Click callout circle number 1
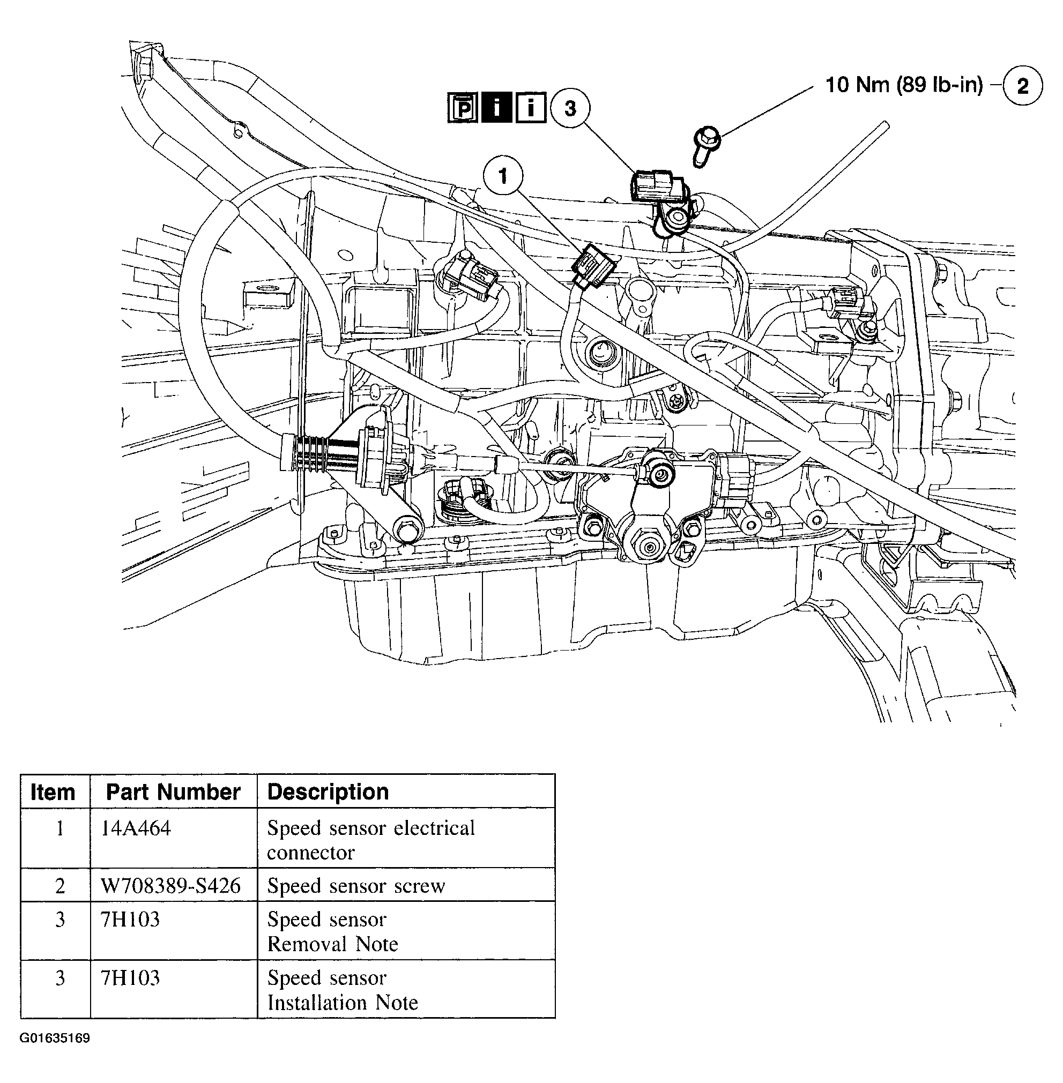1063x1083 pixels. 502,176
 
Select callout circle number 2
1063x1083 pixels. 1022,86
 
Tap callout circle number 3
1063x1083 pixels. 569,108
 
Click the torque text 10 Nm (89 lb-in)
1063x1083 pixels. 904,85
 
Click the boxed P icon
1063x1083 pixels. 462,108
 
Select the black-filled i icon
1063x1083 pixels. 496,108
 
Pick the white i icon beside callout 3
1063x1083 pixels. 529,108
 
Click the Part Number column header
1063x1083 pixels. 173,791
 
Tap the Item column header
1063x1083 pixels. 53,791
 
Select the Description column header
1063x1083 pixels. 328,791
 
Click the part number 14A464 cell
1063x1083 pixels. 136,828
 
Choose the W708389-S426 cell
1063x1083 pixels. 170,886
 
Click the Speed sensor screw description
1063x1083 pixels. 355,886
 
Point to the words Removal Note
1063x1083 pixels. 332,944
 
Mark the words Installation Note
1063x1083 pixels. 342,1002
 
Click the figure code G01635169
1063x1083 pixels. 55,1039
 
